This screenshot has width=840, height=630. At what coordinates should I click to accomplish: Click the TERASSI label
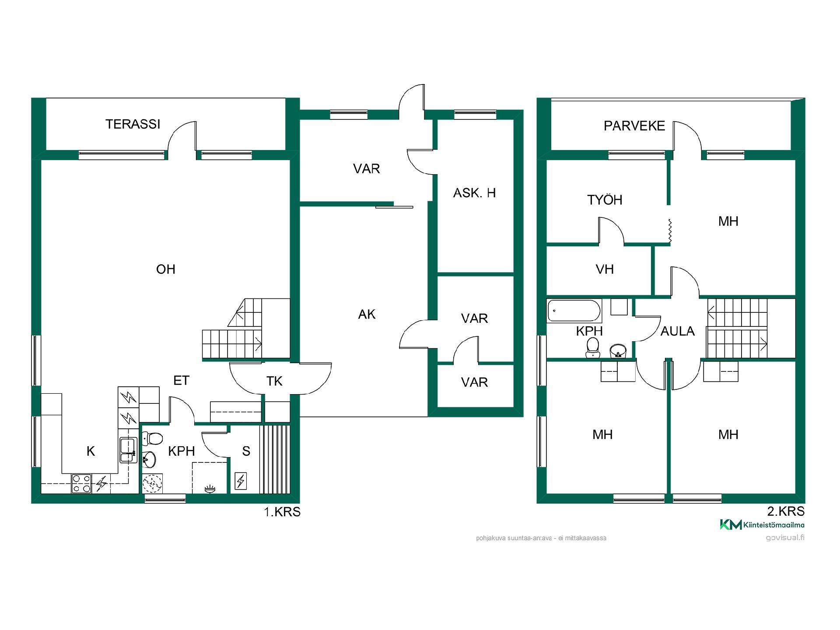tap(133, 124)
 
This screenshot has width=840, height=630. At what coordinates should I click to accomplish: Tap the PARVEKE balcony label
tap(634, 126)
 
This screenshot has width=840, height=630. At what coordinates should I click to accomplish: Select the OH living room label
tap(166, 269)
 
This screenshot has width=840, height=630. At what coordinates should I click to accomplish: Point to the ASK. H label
tap(475, 193)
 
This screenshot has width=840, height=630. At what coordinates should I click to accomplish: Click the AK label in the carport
tap(367, 314)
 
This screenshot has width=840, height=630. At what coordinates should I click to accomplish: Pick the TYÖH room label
tap(605, 199)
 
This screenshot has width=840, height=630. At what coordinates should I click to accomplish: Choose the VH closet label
tap(605, 269)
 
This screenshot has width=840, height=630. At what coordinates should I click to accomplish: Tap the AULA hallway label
tap(678, 331)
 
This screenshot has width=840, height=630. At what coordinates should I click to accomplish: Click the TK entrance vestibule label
tap(274, 381)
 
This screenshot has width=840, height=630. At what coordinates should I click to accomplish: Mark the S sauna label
tap(246, 451)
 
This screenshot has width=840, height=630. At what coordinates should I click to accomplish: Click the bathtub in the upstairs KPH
tap(574, 311)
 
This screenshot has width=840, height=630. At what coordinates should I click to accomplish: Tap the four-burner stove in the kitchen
tap(81, 483)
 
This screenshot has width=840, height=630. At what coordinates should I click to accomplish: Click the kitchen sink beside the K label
tap(128, 450)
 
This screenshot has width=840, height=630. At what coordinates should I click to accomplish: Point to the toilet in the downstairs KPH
tap(152, 437)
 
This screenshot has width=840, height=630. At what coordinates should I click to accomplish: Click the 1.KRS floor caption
tap(282, 512)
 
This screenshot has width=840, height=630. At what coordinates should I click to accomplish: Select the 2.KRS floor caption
tap(786, 511)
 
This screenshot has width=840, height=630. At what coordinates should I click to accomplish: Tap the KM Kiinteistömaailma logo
tap(762, 525)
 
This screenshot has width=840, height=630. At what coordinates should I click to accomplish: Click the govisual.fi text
tap(785, 538)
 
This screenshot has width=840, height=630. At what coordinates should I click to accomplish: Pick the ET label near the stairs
tap(181, 381)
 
